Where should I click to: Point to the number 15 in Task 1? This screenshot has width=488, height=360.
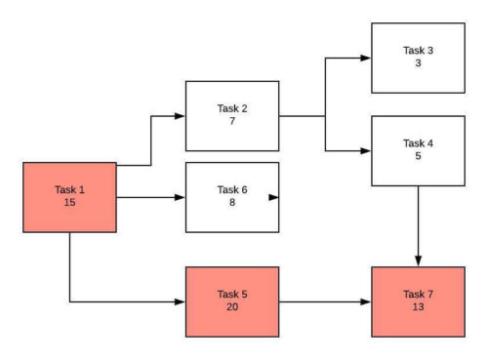click(69, 203)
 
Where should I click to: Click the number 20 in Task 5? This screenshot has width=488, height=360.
click(232, 307)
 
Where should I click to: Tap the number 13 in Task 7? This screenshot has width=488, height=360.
click(418, 307)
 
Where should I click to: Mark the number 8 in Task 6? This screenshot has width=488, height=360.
click(232, 203)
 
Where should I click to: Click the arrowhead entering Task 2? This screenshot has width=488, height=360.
click(180, 116)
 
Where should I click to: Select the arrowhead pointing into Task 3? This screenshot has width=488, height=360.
click(365, 59)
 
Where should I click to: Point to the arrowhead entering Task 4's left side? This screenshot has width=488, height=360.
click(365, 151)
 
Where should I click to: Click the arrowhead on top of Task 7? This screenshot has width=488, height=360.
click(418, 260)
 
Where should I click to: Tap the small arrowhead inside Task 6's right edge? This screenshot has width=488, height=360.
click(273, 197)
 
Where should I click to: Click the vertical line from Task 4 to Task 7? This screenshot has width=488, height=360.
click(418, 220)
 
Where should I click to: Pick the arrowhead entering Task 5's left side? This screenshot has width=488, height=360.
click(180, 302)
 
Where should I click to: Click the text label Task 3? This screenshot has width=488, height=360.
click(418, 50)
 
